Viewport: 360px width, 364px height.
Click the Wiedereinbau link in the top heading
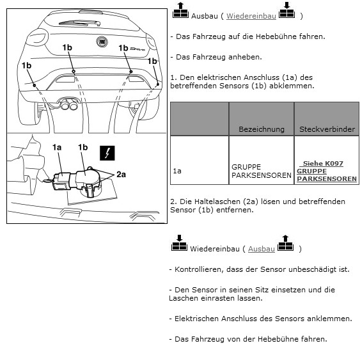click(x=251, y=16)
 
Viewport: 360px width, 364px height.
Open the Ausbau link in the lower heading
click(x=262, y=249)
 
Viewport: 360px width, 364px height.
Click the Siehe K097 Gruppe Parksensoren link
click(x=327, y=171)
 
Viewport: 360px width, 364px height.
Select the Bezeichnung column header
click(x=262, y=129)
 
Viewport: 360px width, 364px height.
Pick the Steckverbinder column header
click(x=327, y=129)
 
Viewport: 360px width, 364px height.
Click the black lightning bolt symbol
click(x=107, y=153)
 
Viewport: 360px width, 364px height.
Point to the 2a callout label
click(x=121, y=175)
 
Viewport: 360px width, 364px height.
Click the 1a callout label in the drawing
click(x=57, y=147)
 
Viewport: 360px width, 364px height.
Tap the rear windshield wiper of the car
click(x=80, y=23)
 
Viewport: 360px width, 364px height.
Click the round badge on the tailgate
click(x=102, y=42)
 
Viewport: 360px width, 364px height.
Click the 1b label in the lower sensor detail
click(x=82, y=147)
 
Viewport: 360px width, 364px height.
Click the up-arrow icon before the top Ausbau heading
click(x=180, y=10)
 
